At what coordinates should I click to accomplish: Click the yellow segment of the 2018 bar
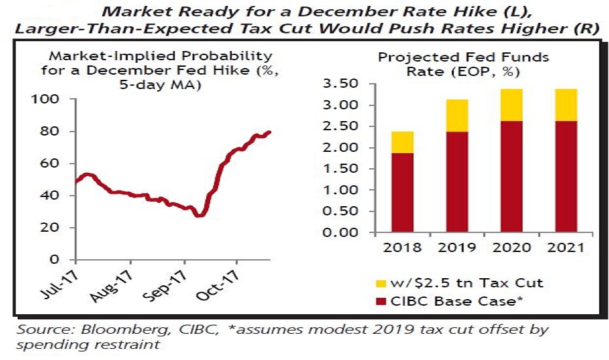point(403,142)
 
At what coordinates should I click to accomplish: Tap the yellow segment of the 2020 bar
point(513,105)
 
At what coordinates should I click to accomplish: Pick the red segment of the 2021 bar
point(566,177)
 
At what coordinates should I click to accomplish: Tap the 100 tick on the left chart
point(50,99)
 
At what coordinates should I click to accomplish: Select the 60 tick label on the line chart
point(54,163)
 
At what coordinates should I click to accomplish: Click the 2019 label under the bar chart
point(457,248)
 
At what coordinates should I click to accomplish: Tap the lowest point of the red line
point(199,215)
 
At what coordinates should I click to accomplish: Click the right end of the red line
point(270,132)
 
